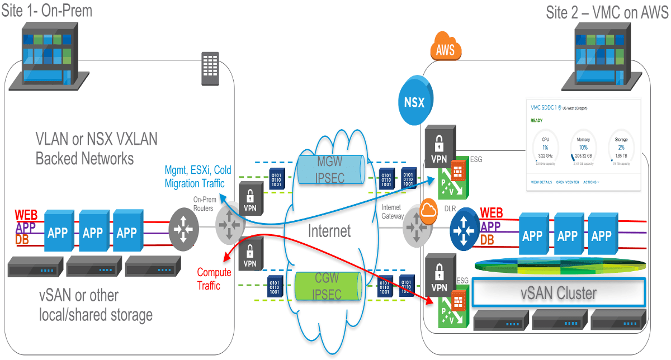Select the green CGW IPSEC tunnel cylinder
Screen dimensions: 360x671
tap(327, 286)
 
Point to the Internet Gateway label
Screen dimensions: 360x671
tap(391, 211)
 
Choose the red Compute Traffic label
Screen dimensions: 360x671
tap(214, 279)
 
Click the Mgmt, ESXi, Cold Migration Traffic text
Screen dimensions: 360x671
tap(197, 176)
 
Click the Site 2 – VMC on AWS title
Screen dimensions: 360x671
tap(607, 12)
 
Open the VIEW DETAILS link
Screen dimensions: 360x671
tap(541, 182)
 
